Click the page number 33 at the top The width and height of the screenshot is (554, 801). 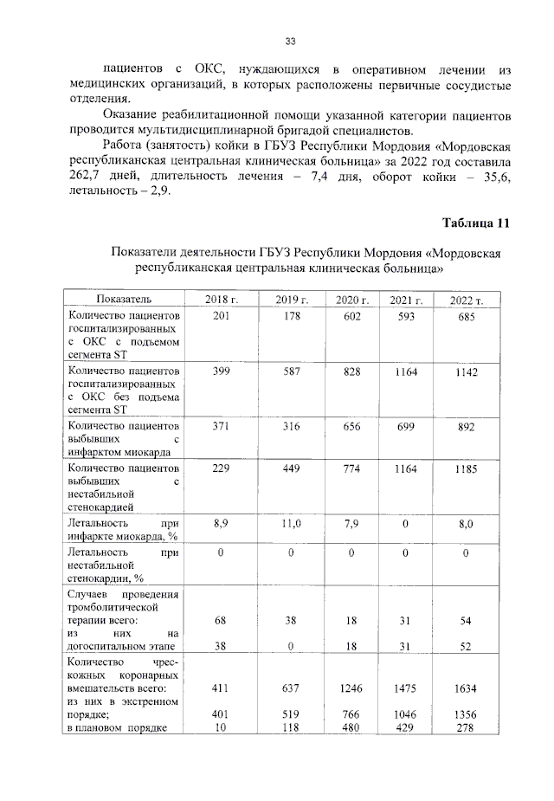pos(291,41)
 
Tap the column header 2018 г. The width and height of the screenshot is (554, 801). pos(221,300)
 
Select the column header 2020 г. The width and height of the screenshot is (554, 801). pos(351,300)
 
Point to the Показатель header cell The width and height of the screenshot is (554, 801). pos(123,300)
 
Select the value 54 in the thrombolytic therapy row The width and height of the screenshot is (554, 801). pos(466,621)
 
